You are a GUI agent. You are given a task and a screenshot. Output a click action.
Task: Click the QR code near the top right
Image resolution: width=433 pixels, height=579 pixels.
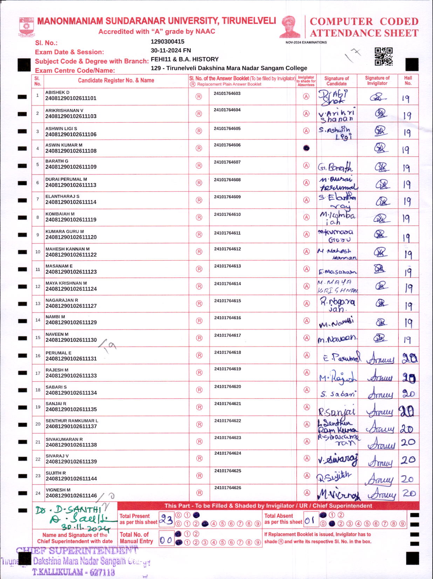(x=384, y=56)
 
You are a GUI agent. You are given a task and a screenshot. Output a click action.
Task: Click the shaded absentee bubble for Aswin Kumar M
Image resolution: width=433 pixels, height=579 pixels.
(x=306, y=148)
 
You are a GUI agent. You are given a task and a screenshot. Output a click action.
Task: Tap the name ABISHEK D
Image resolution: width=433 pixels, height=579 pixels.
(x=57, y=93)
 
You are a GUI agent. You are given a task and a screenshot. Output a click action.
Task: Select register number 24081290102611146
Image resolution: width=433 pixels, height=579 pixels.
(x=71, y=496)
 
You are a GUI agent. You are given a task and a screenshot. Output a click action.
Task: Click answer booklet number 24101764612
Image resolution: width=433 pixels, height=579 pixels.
(x=227, y=249)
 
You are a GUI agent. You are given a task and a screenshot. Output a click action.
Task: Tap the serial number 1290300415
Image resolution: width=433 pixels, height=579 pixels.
(x=167, y=41)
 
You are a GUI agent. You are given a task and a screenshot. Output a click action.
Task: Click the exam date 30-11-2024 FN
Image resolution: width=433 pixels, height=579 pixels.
(x=171, y=50)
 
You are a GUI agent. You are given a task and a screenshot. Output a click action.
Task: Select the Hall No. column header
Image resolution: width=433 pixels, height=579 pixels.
(x=408, y=81)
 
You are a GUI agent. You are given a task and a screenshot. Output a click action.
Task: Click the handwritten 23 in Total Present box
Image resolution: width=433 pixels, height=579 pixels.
(x=166, y=519)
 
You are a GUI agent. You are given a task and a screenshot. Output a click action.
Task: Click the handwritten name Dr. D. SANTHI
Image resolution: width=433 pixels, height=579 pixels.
(x=69, y=510)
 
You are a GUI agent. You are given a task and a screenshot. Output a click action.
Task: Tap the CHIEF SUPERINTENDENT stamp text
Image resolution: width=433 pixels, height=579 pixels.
(x=77, y=551)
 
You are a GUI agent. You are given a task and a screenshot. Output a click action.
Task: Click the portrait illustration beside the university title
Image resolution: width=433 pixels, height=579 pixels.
(x=290, y=27)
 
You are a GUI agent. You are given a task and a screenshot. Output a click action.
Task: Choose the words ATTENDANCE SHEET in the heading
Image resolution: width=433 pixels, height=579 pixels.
(x=364, y=33)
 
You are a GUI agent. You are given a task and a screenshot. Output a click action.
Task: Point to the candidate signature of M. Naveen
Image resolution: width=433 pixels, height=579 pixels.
(x=337, y=339)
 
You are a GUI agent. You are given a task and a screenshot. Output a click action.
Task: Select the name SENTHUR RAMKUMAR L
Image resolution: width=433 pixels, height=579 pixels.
(x=72, y=421)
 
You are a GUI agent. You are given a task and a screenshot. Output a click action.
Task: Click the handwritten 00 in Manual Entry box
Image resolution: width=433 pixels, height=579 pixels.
(x=166, y=540)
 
